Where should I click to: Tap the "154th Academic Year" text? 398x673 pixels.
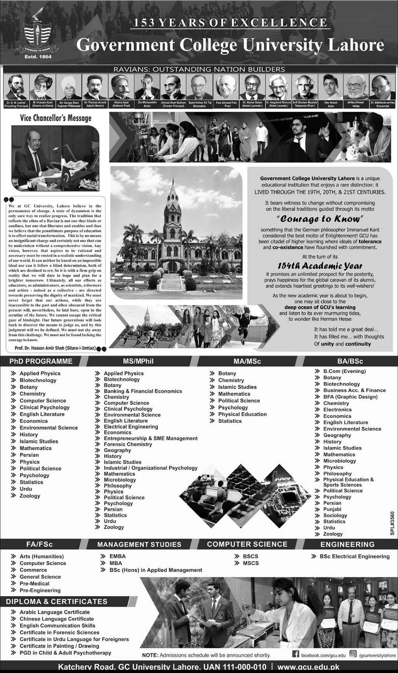pos(316,266)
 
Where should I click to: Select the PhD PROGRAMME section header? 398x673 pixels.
pos(41,361)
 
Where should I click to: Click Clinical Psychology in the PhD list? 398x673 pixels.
pos(44,408)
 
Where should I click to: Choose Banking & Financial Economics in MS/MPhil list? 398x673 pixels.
pos(143,391)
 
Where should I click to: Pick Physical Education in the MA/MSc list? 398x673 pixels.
pos(242,414)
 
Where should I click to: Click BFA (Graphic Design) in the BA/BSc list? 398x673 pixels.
pos(350,397)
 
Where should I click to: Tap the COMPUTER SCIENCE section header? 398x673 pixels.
pos(247,544)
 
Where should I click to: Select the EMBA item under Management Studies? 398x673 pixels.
pos(117,556)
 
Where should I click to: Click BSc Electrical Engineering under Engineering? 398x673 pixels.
pos(354,556)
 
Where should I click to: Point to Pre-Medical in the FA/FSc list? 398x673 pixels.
pos(35,584)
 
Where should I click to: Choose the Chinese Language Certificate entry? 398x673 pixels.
pos(57,619)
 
